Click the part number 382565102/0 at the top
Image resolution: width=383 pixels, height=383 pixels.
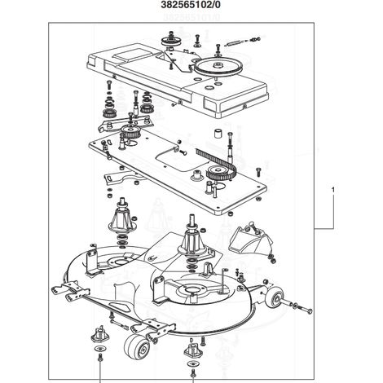pos(191,5)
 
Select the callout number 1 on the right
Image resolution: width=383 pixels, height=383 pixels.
pos(333,190)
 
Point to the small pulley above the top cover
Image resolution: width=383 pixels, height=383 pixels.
pos(171,42)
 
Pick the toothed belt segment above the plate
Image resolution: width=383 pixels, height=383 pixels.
pos(218,162)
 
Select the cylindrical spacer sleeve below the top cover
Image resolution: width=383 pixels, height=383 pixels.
pos(218,134)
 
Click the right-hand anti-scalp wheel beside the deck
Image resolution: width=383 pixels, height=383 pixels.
pos(275,297)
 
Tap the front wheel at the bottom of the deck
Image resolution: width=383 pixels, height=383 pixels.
pos(137,346)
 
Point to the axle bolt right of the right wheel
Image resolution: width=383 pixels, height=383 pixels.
pos(302,309)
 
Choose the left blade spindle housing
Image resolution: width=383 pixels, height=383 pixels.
pos(122,218)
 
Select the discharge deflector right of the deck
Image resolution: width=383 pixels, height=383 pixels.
pos(249,239)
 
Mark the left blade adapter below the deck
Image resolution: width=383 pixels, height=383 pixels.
pos(100,333)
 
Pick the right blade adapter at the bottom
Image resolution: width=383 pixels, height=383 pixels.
pos(193,350)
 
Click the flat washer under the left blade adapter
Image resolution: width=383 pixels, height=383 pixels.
pos(100,349)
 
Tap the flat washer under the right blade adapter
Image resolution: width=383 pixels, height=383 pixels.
pos(192,363)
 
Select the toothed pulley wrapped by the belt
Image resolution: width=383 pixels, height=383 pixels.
pos(218,174)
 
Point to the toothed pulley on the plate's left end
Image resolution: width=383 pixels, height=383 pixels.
pos(130,132)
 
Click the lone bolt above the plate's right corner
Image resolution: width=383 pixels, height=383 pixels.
pos(258,172)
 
